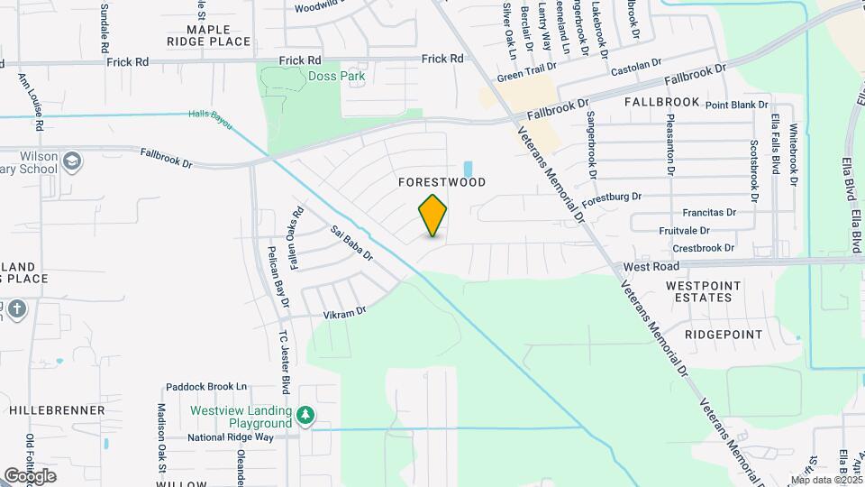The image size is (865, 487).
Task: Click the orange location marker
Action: (x=432, y=216)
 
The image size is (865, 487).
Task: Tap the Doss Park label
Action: (x=336, y=77)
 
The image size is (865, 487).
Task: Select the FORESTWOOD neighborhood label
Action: (x=442, y=182)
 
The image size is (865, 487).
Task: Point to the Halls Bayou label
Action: (x=211, y=115)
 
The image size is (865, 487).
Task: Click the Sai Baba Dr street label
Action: (x=351, y=243)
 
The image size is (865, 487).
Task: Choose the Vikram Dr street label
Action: (x=344, y=312)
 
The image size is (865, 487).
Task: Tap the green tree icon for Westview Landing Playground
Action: (x=306, y=415)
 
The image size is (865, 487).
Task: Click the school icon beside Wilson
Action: (x=72, y=161)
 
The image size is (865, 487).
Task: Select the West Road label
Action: (x=651, y=268)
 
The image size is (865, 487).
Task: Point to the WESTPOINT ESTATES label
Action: (x=703, y=291)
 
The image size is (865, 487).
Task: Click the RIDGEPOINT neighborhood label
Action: (x=723, y=335)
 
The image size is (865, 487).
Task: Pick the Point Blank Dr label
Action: (x=736, y=106)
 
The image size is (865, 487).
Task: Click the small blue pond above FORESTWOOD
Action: (x=467, y=169)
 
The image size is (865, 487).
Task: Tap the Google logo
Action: (x=30, y=476)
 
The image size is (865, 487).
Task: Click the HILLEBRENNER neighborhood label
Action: (x=57, y=410)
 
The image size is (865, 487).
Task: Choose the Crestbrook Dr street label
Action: (x=704, y=248)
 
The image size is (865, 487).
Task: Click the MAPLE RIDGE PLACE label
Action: (x=207, y=35)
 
